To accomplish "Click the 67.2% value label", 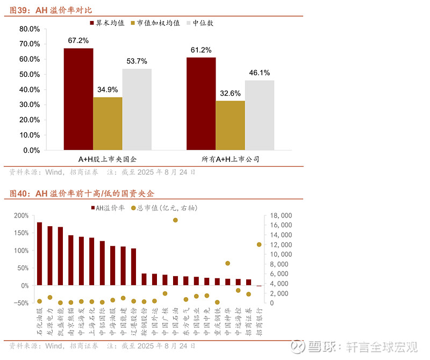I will click(x=78, y=40).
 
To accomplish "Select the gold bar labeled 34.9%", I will click(x=107, y=123).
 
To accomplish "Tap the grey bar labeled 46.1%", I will click(x=260, y=115).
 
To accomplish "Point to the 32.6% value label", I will click(x=230, y=93).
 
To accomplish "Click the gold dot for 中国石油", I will click(x=175, y=220).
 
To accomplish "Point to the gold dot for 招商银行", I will click(x=259, y=244).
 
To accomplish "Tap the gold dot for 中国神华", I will click(x=228, y=263).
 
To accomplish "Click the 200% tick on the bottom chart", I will click(x=21, y=215).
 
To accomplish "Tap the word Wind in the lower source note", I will click(x=55, y=345).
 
